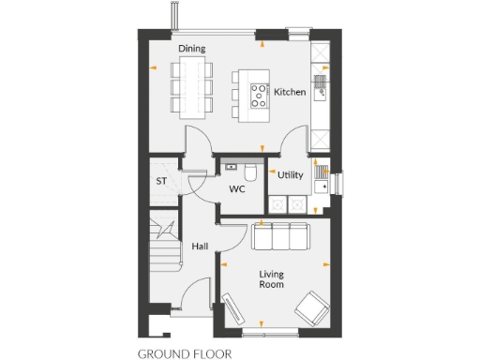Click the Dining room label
(x=191, y=48)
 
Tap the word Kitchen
(x=291, y=92)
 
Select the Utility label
(x=291, y=175)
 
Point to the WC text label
(x=237, y=188)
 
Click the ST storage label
(x=161, y=182)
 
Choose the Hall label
(x=200, y=247)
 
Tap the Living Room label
(x=272, y=279)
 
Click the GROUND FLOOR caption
(x=184, y=354)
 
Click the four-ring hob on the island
(x=257, y=92)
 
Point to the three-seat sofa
(x=280, y=237)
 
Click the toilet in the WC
(x=249, y=172)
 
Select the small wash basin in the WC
(x=229, y=166)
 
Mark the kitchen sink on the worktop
(x=321, y=87)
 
